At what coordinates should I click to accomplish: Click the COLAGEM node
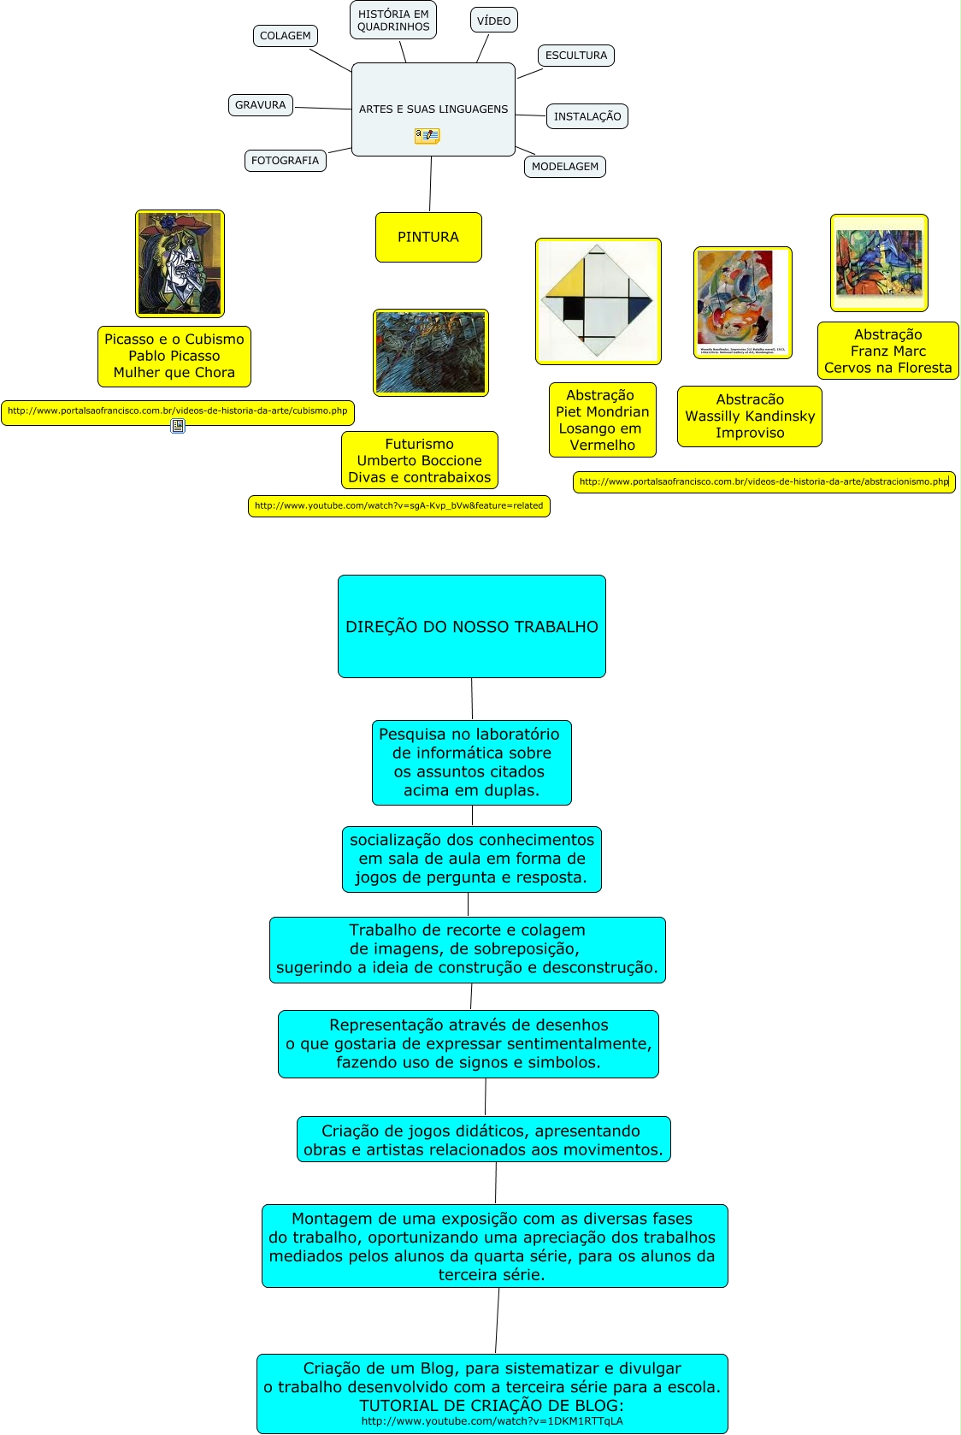point(286,36)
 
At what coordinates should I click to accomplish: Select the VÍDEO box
point(493,21)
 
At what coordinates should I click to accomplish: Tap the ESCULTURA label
point(576,56)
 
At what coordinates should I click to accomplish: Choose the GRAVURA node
point(261,105)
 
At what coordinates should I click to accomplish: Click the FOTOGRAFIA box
point(285,161)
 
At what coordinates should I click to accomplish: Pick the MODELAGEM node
point(564,167)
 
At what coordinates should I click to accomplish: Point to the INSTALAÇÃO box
point(587,116)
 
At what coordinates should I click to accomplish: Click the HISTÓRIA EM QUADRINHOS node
point(393,21)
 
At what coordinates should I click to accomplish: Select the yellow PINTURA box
point(428,237)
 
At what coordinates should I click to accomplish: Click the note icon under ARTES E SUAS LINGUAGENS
point(427,135)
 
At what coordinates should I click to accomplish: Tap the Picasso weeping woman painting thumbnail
point(180,263)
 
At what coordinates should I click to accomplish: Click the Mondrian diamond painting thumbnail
point(598,301)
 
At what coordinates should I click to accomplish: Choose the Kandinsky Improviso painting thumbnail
point(742,302)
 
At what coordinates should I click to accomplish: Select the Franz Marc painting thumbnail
point(879,263)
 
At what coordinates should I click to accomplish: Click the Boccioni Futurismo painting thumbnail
point(431,352)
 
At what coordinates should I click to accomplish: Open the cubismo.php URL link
point(178,411)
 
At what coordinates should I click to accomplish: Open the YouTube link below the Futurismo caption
point(398,506)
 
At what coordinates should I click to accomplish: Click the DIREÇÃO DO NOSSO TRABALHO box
point(472,626)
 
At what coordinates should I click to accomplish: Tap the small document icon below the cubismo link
point(178,426)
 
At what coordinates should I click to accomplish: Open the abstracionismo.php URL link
point(763,482)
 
